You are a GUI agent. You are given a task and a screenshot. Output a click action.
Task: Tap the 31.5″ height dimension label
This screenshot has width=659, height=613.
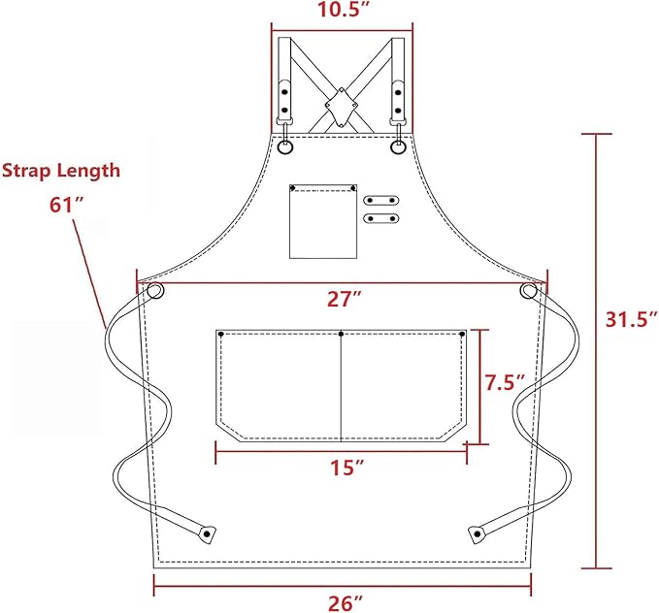point(632,318)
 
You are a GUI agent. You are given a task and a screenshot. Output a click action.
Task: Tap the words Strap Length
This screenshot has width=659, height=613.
point(61,171)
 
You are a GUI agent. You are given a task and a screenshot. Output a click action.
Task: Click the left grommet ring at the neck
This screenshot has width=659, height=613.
point(285,147)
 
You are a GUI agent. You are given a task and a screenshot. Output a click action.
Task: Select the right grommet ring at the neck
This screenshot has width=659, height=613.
point(399,147)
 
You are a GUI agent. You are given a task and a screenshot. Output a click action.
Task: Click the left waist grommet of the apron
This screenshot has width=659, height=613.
point(154,291)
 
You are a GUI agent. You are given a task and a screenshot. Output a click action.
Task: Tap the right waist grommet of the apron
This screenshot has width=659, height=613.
point(528,291)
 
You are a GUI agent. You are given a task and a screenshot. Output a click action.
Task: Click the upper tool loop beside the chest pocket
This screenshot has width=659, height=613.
point(380,200)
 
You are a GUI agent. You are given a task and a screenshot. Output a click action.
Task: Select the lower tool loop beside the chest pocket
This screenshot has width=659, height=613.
point(380,217)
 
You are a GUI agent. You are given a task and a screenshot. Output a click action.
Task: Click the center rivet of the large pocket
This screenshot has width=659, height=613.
point(342,334)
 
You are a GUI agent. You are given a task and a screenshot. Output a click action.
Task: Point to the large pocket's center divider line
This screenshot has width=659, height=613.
point(342,388)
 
